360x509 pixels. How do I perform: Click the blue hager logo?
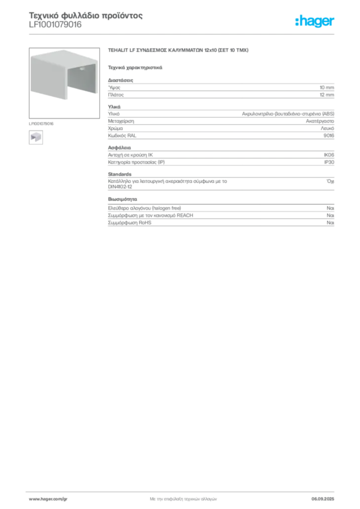pos(315,22)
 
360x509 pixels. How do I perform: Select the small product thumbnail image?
pos(35,137)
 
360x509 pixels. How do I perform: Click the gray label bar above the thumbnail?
pos(42,122)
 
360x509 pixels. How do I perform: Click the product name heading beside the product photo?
pos(178,51)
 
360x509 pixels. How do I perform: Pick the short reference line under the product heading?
pos(135,67)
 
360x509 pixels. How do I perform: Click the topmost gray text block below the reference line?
pos(220,89)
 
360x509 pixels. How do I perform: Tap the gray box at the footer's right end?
pos(326,497)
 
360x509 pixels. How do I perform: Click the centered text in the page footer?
pos(182,497)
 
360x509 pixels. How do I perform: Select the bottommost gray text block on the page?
pos(220,219)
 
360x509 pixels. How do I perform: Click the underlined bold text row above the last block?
pos(147,205)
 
